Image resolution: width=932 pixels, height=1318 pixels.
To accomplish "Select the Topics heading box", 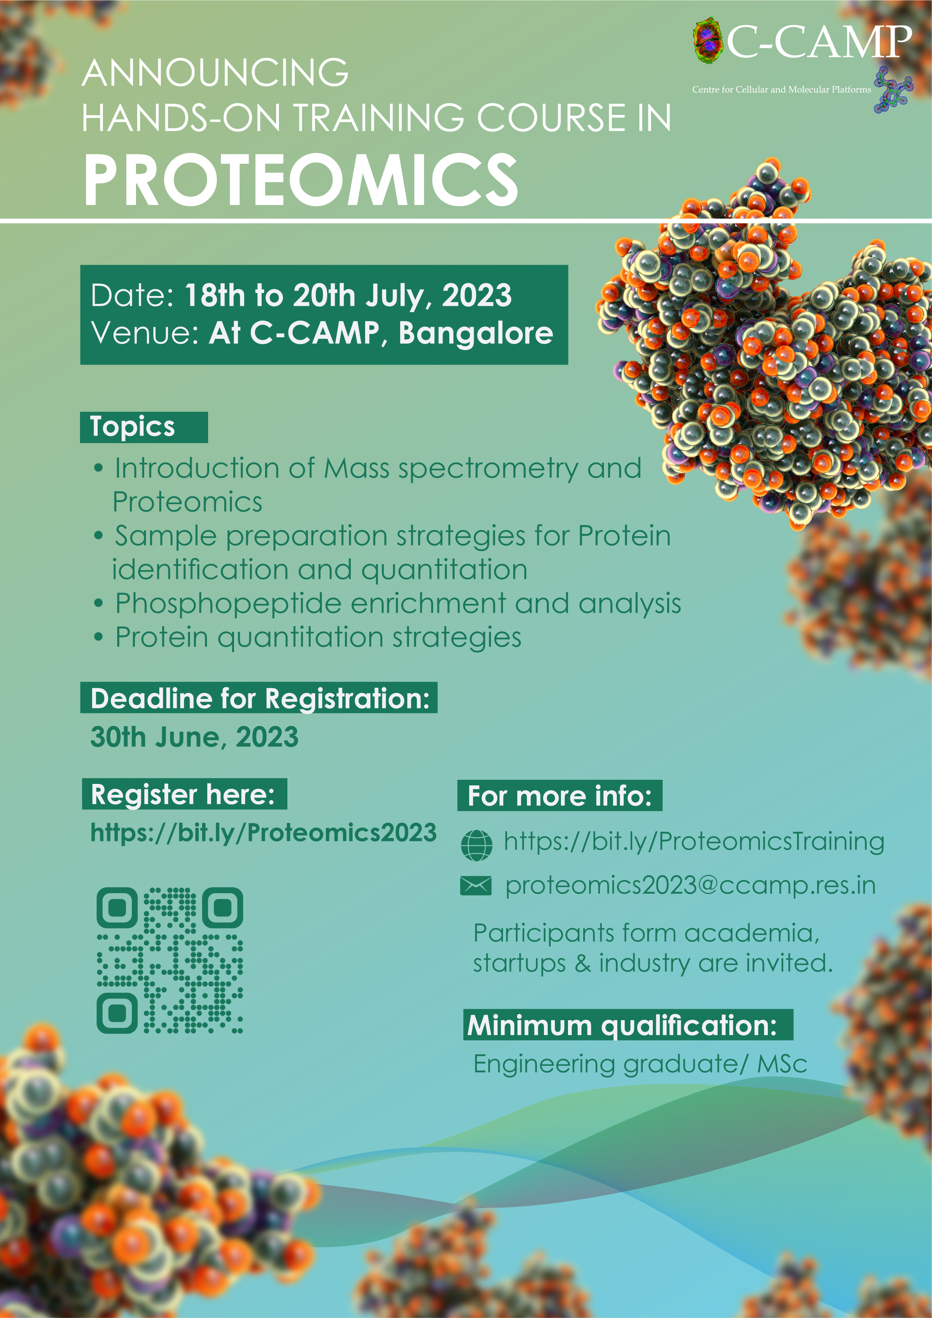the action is tap(144, 427).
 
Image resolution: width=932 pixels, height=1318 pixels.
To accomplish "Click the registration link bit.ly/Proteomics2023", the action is tap(264, 832).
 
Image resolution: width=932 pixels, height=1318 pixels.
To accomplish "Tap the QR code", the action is tap(170, 960).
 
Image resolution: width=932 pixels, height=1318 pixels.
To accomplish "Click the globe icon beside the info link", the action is tap(477, 845).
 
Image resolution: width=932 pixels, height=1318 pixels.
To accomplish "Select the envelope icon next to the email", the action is tap(476, 886).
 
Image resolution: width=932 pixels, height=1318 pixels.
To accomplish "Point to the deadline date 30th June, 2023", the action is tap(195, 737).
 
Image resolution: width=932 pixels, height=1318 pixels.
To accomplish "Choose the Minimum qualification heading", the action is tap(628, 1025).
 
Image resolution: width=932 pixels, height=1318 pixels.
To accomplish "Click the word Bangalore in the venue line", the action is tap(476, 332).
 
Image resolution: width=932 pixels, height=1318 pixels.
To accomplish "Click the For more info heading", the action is tap(560, 796).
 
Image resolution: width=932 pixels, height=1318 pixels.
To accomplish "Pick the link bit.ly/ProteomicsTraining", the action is tap(694, 842).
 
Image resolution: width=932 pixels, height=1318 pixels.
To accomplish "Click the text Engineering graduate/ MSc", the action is tap(640, 1064).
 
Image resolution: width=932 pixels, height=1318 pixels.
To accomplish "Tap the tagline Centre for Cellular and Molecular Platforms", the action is tap(781, 89).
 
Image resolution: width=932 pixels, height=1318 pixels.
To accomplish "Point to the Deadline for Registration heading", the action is tap(259, 698).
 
